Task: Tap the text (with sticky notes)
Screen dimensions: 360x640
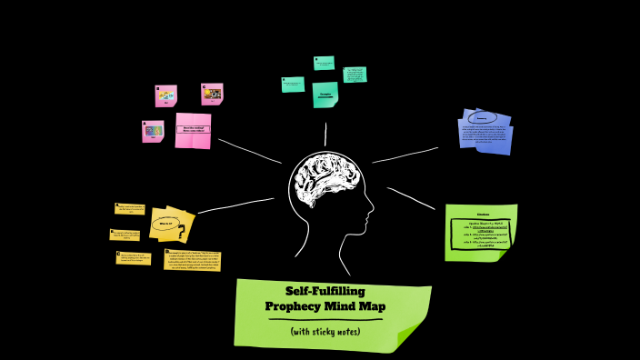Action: coord(325,331)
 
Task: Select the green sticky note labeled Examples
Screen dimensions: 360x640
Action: coord(325,94)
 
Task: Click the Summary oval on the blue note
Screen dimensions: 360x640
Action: coord(483,118)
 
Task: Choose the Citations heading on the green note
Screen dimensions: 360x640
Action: coord(483,215)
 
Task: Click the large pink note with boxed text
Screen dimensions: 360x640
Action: coord(193,130)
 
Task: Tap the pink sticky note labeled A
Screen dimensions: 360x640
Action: coord(153,131)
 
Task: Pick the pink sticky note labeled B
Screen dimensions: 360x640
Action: coord(165,95)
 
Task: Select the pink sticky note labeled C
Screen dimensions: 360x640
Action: coord(212,94)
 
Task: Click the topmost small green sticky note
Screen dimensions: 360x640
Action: coord(324,63)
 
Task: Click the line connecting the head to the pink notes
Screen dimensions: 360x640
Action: coord(249,151)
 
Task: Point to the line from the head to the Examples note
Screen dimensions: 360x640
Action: coord(325,135)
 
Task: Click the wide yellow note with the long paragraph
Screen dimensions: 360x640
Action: coord(192,259)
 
